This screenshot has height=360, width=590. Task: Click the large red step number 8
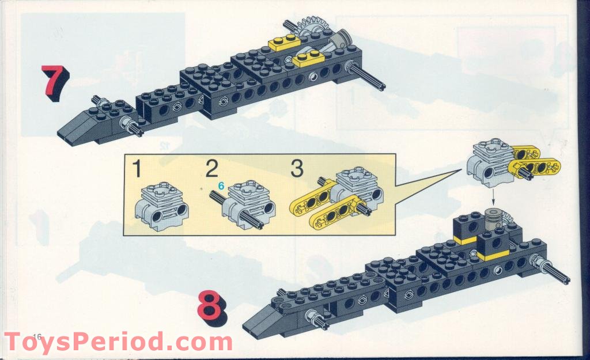(211, 308)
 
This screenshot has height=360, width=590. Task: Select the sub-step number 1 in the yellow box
(137, 169)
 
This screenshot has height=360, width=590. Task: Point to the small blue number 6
(220, 186)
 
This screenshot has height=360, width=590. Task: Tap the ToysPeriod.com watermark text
(118, 342)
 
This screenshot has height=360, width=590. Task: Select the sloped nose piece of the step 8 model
(266, 320)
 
